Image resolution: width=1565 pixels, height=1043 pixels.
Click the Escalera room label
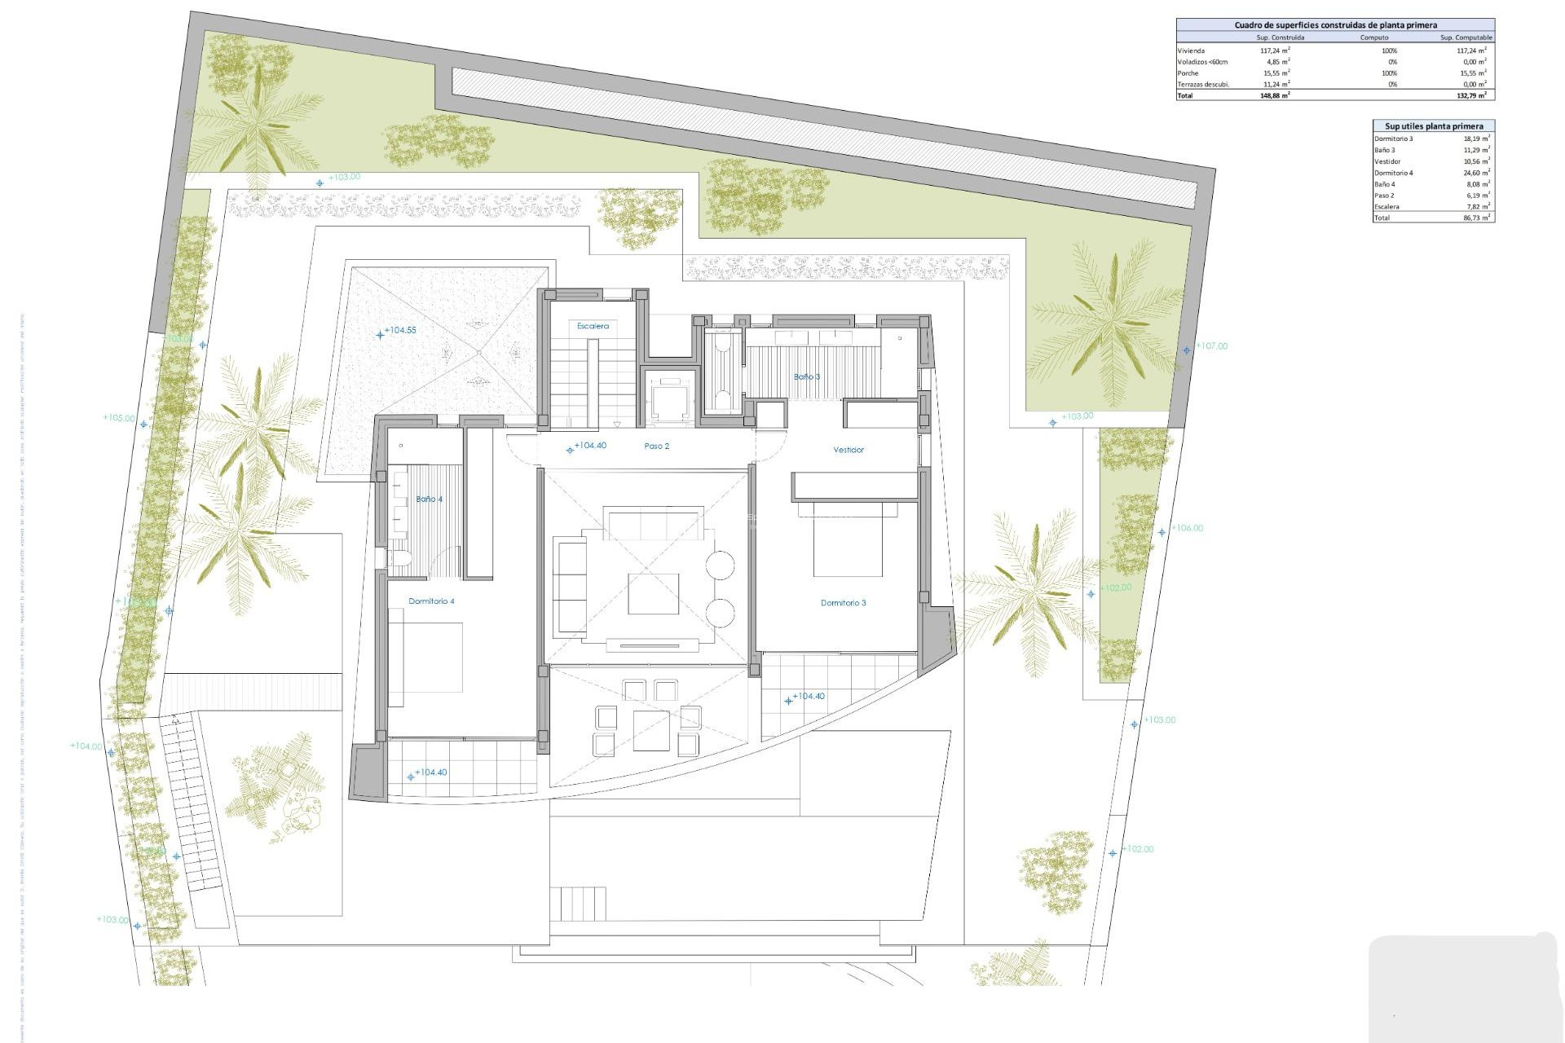(x=593, y=326)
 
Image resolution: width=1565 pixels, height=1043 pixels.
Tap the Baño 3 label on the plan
(x=806, y=376)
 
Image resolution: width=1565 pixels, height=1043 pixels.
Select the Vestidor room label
(x=848, y=450)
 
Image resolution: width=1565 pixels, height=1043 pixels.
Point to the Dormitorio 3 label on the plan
(x=843, y=603)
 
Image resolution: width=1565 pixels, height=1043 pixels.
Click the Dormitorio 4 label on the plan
(x=431, y=601)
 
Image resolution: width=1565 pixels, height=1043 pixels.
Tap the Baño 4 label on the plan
(x=429, y=499)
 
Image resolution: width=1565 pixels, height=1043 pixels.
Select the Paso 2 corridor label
(x=656, y=447)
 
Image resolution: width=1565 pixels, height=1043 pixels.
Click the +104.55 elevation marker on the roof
(x=399, y=331)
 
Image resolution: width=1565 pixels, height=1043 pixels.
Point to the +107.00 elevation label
(x=1211, y=346)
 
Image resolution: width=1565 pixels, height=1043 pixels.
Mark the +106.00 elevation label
(x=1187, y=528)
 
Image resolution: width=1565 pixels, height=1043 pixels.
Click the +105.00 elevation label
(x=119, y=418)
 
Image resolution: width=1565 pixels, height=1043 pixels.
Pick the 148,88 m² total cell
(x=1276, y=95)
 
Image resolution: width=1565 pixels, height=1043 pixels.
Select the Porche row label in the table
(x=1188, y=73)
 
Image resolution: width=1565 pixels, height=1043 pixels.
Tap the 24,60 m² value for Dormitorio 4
(x=1476, y=173)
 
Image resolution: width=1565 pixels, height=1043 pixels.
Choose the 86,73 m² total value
(x=1476, y=218)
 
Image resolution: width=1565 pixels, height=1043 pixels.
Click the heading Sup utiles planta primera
(x=1434, y=126)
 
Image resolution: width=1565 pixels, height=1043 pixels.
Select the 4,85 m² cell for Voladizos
(x=1277, y=62)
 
